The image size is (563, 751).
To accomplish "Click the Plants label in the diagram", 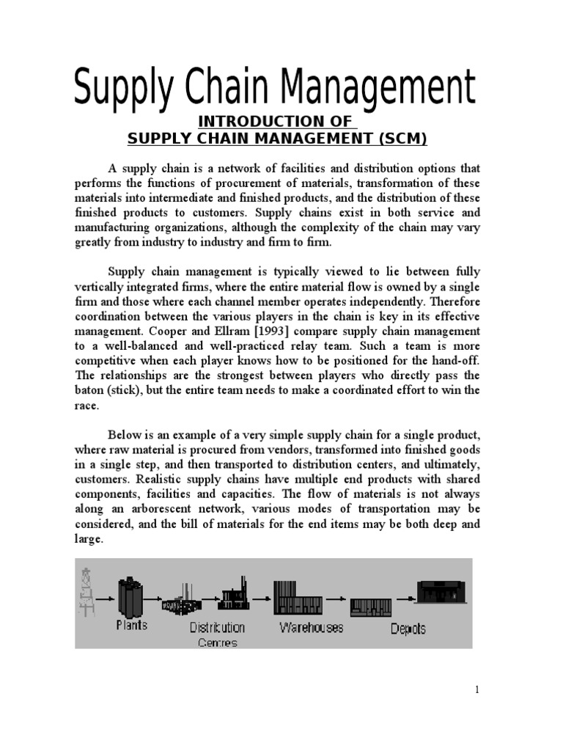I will point(132,626).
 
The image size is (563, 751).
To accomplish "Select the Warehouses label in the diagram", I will point(311,629).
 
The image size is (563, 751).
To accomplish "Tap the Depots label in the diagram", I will point(408,629).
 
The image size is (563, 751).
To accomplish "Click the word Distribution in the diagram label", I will point(218,628).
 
